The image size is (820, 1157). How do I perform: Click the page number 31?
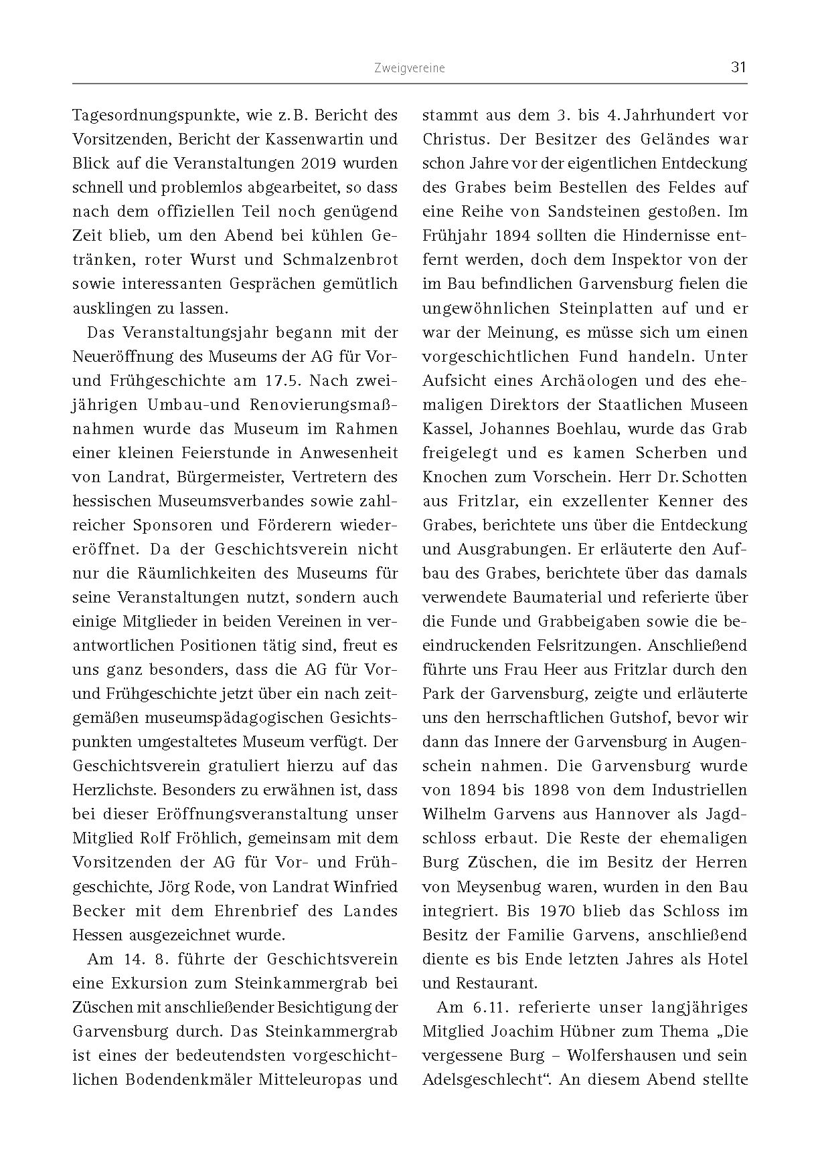[738, 67]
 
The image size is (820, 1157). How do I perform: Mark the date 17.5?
[271, 381]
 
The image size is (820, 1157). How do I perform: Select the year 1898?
[550, 790]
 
